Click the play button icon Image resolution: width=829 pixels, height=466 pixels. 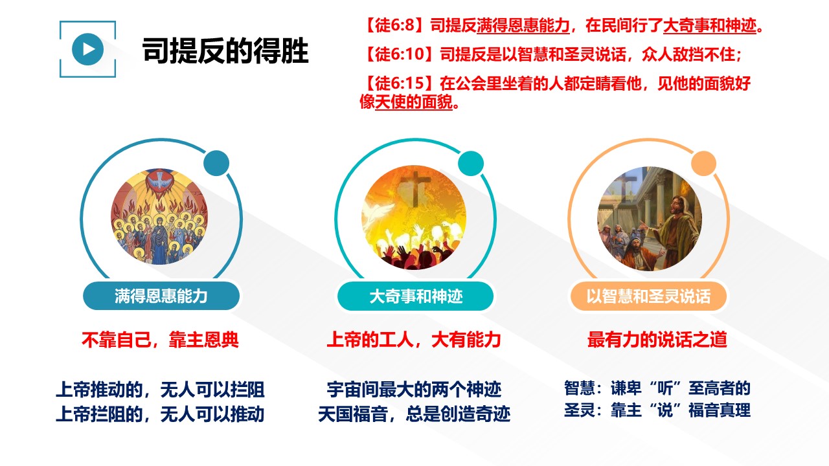pos(87,49)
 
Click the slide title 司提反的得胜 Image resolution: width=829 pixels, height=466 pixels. pos(225,50)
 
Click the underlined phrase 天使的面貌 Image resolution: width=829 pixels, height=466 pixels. pos(414,102)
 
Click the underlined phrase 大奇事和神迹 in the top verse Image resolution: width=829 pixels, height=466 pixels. pos(710,25)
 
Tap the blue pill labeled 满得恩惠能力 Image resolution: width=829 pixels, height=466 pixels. pos(161,296)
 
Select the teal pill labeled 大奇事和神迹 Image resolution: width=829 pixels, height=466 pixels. pos(416,296)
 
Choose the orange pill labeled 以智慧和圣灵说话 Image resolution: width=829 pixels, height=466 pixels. pos(648,296)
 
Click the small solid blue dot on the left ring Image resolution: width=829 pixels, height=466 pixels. pos(216,163)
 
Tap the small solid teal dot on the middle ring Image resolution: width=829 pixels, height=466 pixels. pos(471,163)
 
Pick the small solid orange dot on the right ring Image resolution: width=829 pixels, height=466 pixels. pos(703,163)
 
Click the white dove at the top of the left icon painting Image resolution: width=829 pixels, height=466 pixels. pos(159,180)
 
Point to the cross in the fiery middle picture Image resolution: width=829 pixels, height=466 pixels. pos(416,188)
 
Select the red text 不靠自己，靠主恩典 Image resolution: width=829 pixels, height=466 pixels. pos(160,340)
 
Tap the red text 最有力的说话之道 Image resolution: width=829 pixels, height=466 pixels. pos(657,340)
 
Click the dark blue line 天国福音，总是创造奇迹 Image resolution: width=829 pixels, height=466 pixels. pos(414,414)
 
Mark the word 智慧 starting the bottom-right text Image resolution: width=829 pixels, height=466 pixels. pos(580,388)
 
